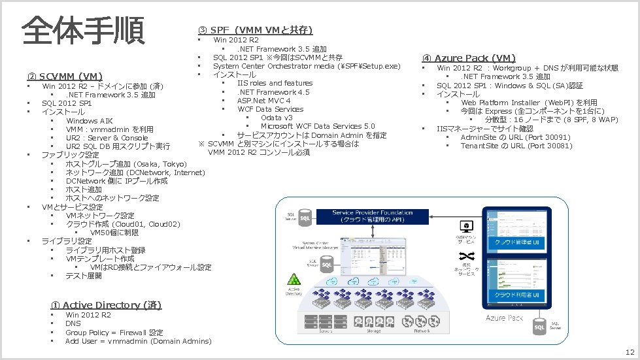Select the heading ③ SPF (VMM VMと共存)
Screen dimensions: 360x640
click(255, 30)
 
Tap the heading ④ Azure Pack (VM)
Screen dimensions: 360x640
click(469, 58)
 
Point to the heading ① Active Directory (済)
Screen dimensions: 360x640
click(106, 305)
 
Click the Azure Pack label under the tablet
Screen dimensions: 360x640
click(504, 318)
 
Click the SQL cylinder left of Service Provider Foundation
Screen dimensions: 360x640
click(305, 218)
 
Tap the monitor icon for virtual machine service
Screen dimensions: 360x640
click(467, 227)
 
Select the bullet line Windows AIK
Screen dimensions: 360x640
click(89, 121)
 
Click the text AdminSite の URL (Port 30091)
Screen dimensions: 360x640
click(515, 137)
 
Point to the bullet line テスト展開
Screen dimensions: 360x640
click(84, 276)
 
